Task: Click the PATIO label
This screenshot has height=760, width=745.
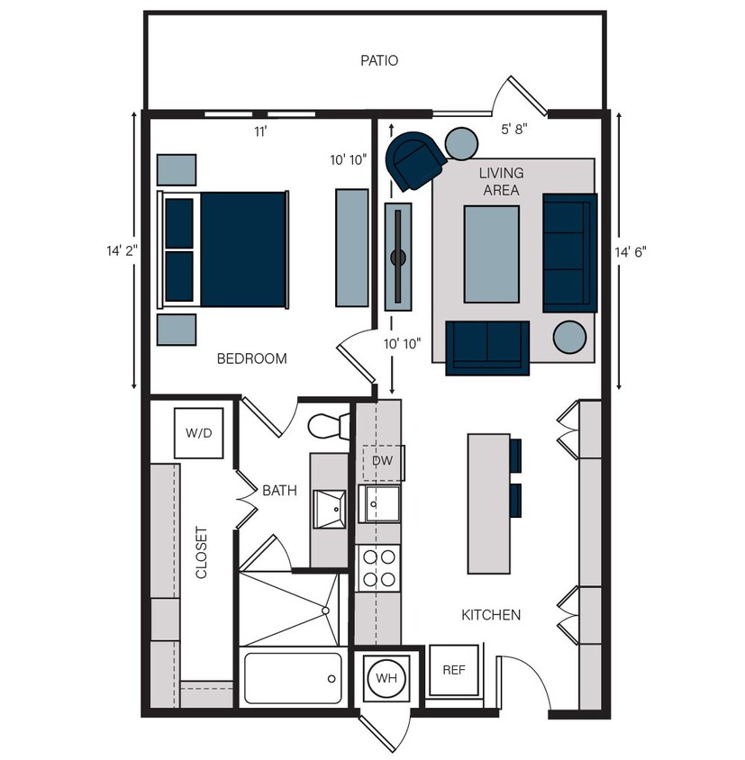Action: pyautogui.click(x=379, y=61)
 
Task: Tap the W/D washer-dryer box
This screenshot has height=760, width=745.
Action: pyautogui.click(x=198, y=433)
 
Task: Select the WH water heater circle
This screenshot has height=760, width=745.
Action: pyautogui.click(x=386, y=677)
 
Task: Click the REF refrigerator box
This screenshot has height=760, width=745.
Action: pyautogui.click(x=453, y=670)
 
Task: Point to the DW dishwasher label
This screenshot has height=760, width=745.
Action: pyautogui.click(x=383, y=461)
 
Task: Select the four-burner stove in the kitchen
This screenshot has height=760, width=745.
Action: pyautogui.click(x=378, y=567)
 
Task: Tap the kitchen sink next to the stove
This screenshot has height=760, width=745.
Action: pyautogui.click(x=379, y=504)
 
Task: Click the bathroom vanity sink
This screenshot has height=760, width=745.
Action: pyautogui.click(x=329, y=508)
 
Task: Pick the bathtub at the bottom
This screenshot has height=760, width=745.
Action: pyautogui.click(x=293, y=679)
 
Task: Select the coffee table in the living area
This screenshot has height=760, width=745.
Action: pyautogui.click(x=491, y=255)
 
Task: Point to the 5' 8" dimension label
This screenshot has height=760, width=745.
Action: pyautogui.click(x=514, y=129)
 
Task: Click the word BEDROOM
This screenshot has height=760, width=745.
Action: pyautogui.click(x=251, y=358)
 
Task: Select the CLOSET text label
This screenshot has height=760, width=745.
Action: pyautogui.click(x=202, y=552)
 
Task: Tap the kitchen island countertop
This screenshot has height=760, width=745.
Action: pyautogui.click(x=488, y=503)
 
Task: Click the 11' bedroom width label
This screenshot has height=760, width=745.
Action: pyautogui.click(x=259, y=131)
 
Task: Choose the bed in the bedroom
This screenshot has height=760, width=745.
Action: pyautogui.click(x=225, y=249)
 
